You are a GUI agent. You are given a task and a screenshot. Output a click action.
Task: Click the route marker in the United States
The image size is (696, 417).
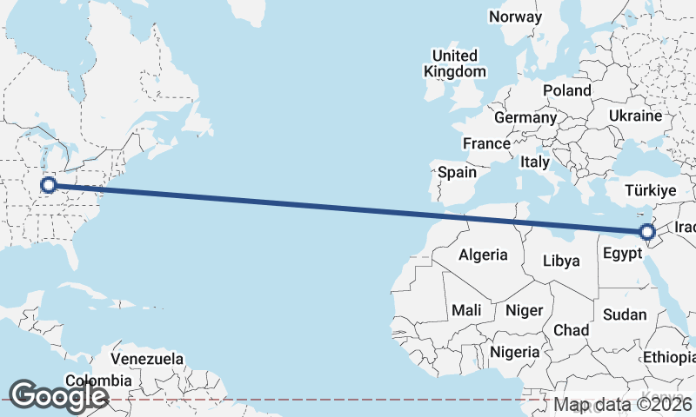(x=49, y=184)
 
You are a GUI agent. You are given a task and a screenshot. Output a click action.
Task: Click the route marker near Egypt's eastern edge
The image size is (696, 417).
(x=646, y=232)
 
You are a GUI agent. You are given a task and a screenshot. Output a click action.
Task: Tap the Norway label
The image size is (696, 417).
(x=515, y=17)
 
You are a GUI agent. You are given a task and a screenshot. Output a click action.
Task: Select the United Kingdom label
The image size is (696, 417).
(x=455, y=63)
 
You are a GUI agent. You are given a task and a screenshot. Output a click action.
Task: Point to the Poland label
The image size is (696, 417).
(x=566, y=90)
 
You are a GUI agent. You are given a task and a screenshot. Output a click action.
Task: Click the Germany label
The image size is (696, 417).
(x=525, y=117)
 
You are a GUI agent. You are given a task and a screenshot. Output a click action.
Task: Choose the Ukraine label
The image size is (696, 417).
(x=635, y=116)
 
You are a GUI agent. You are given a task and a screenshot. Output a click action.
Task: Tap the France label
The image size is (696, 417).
(x=485, y=143)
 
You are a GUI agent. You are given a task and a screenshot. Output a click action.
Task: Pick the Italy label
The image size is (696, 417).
(x=535, y=162)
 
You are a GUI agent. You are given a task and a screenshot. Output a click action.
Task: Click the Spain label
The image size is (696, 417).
(x=457, y=172)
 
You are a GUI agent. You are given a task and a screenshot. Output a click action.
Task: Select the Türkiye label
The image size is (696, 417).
(x=651, y=190)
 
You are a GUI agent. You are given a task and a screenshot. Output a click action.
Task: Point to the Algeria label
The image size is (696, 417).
(x=483, y=255)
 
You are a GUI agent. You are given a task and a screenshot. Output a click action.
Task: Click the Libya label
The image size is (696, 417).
(x=560, y=261)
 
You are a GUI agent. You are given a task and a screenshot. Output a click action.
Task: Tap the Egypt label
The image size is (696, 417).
(x=622, y=255)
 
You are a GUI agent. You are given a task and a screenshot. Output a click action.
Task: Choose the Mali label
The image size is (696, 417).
(x=465, y=310)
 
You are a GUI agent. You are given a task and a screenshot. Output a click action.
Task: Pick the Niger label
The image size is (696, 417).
(x=524, y=310)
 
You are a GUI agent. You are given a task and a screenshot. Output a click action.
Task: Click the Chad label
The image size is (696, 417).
(x=571, y=330)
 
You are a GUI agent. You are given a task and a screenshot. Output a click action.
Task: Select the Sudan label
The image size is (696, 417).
(x=625, y=314)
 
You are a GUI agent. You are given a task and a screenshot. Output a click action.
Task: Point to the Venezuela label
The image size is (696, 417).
(x=147, y=359)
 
